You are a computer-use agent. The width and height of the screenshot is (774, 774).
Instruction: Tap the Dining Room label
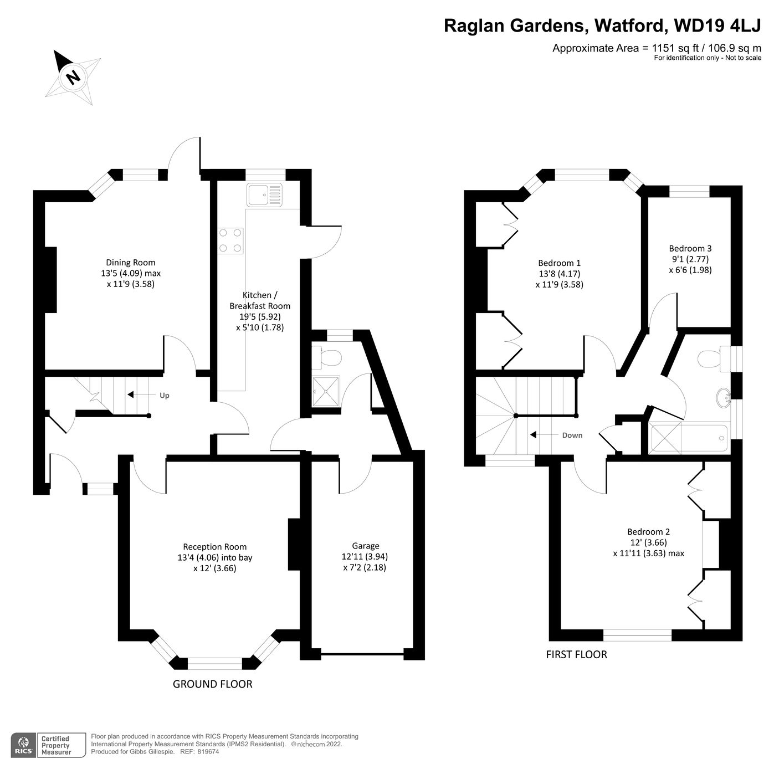click(131, 263)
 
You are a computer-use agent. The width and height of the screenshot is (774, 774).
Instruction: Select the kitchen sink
click(264, 195)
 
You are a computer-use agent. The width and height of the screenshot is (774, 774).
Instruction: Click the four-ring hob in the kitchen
click(230, 241)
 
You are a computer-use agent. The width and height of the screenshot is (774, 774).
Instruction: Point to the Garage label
click(365, 546)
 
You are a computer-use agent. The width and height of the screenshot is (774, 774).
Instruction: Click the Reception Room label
click(215, 547)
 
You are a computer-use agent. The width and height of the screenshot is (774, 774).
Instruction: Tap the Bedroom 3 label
click(690, 249)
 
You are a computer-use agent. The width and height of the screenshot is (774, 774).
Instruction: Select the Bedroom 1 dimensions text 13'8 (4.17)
click(559, 274)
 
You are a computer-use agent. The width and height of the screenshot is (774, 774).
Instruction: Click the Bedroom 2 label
click(648, 532)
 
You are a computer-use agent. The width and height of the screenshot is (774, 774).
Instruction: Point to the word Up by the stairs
click(165, 396)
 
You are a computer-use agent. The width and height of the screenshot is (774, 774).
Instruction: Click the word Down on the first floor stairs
click(572, 435)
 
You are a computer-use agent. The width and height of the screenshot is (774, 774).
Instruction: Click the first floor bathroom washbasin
click(724, 398)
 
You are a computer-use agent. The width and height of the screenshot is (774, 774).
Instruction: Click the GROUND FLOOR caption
click(212, 684)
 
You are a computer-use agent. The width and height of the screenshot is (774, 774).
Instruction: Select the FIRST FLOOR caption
click(576, 655)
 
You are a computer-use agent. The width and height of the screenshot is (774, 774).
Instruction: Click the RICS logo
click(24, 745)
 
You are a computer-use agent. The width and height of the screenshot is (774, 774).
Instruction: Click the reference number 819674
click(209, 752)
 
